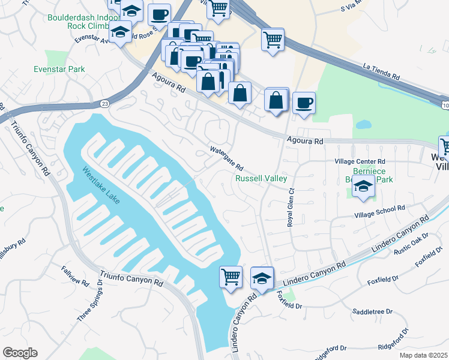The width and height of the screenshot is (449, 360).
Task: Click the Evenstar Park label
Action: tap(59, 69)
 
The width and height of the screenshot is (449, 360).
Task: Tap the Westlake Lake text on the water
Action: tap(101, 185)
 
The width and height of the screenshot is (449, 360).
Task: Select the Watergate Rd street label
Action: tap(226, 158)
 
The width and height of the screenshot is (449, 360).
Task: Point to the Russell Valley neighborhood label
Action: tap(261, 178)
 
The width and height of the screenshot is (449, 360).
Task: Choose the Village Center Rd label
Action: tap(360, 162)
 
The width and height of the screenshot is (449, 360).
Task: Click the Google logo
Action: tap(20, 353)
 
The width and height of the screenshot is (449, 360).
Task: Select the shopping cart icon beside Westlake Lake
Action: tap(231, 277)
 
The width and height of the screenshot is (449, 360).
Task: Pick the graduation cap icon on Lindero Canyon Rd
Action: tap(262, 278)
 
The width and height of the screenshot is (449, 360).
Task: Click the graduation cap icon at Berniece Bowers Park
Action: tap(364, 187)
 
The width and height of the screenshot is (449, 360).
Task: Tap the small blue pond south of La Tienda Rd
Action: tap(363, 125)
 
